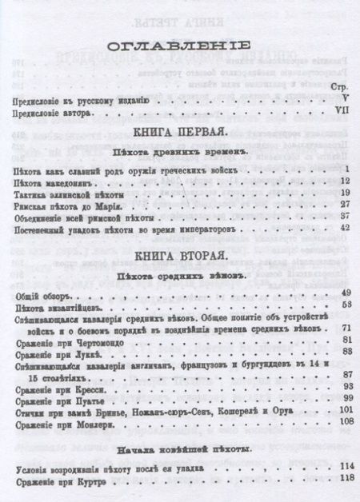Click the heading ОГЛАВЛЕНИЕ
tap(179, 46)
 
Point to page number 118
tap(346, 477)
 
